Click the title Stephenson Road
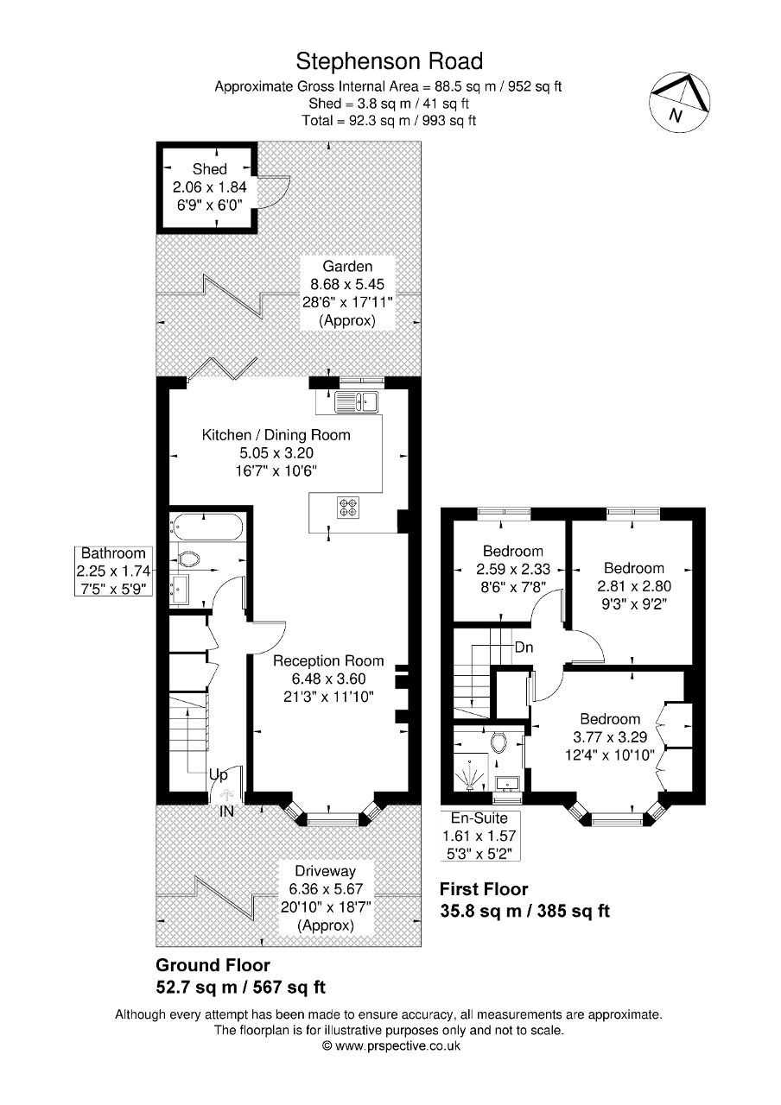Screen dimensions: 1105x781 point(389,61)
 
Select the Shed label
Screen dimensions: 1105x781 point(209,169)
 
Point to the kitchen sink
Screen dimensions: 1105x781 point(357,401)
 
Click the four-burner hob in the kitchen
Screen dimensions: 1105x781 point(348,508)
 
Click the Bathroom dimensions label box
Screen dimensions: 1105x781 point(113,571)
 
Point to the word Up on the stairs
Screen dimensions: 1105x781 point(219,775)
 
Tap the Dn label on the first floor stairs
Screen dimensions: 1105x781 point(524,647)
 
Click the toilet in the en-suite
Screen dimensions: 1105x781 point(498,741)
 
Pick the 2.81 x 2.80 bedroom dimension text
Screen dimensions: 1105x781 point(634,584)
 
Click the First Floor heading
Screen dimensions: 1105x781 point(484,889)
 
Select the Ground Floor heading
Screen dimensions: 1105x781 point(213,965)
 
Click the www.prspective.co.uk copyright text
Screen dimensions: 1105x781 point(390,1045)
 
